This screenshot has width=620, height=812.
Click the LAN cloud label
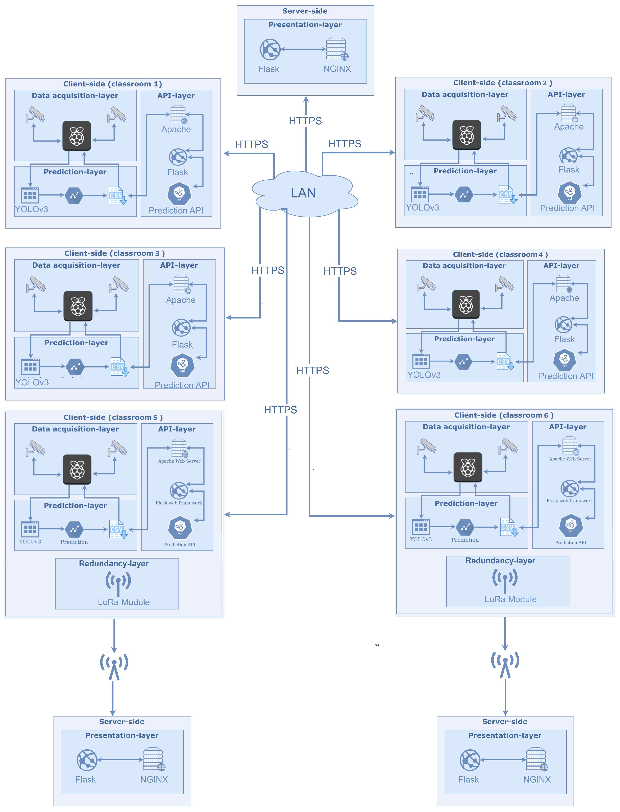click(x=303, y=193)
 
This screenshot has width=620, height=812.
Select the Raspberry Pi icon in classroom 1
click(x=77, y=136)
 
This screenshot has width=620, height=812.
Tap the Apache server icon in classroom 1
click(x=178, y=115)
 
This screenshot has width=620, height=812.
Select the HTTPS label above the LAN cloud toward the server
click(x=305, y=121)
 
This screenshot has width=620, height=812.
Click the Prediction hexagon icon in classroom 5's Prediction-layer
click(x=74, y=529)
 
